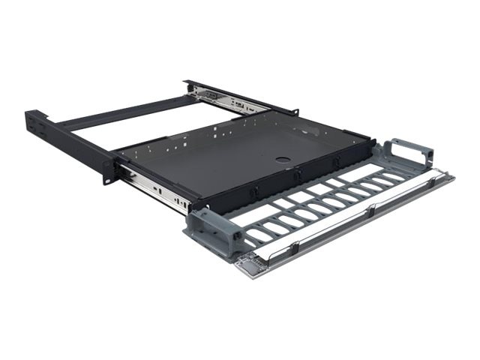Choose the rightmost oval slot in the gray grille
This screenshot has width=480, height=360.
click(x=393, y=176)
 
